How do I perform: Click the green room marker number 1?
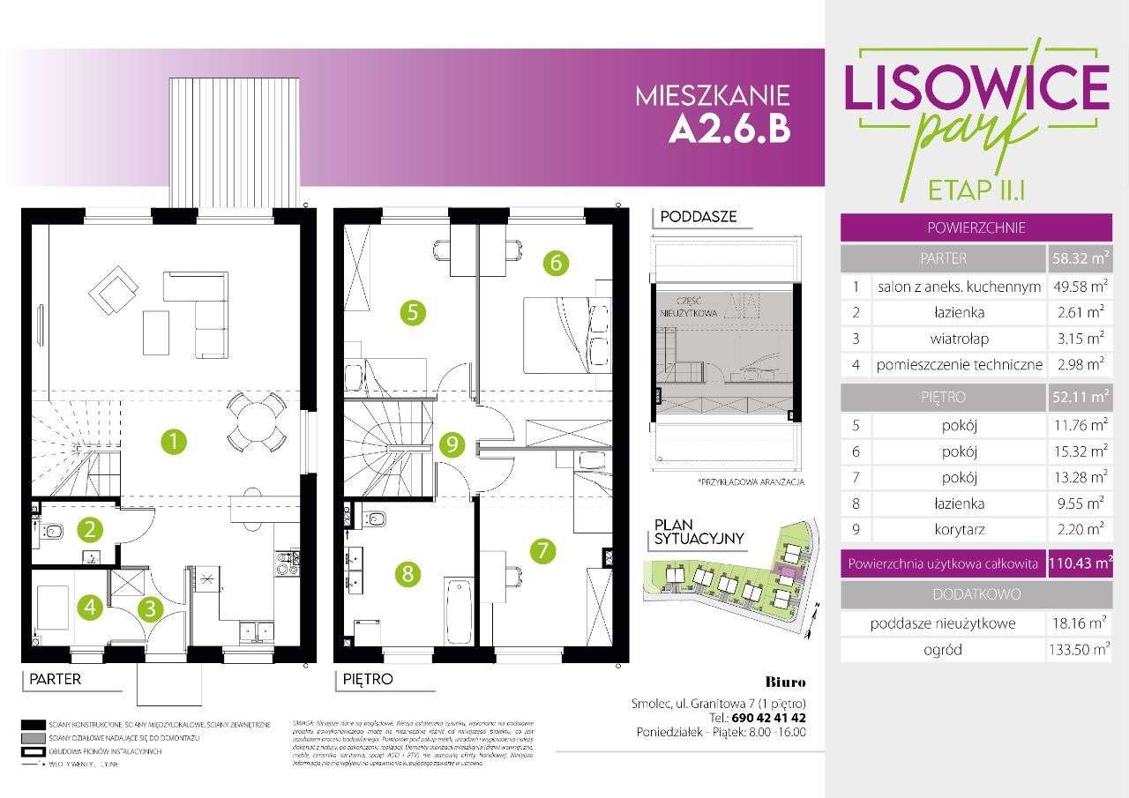click(175, 440)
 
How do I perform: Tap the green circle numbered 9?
click(452, 444)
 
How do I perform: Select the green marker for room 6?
click(556, 263)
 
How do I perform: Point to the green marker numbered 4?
click(87, 607)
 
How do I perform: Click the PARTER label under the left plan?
click(55, 679)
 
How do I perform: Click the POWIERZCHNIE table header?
click(976, 227)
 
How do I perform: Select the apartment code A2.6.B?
click(729, 129)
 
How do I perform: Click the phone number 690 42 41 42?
click(763, 718)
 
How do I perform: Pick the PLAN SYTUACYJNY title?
click(699, 532)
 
